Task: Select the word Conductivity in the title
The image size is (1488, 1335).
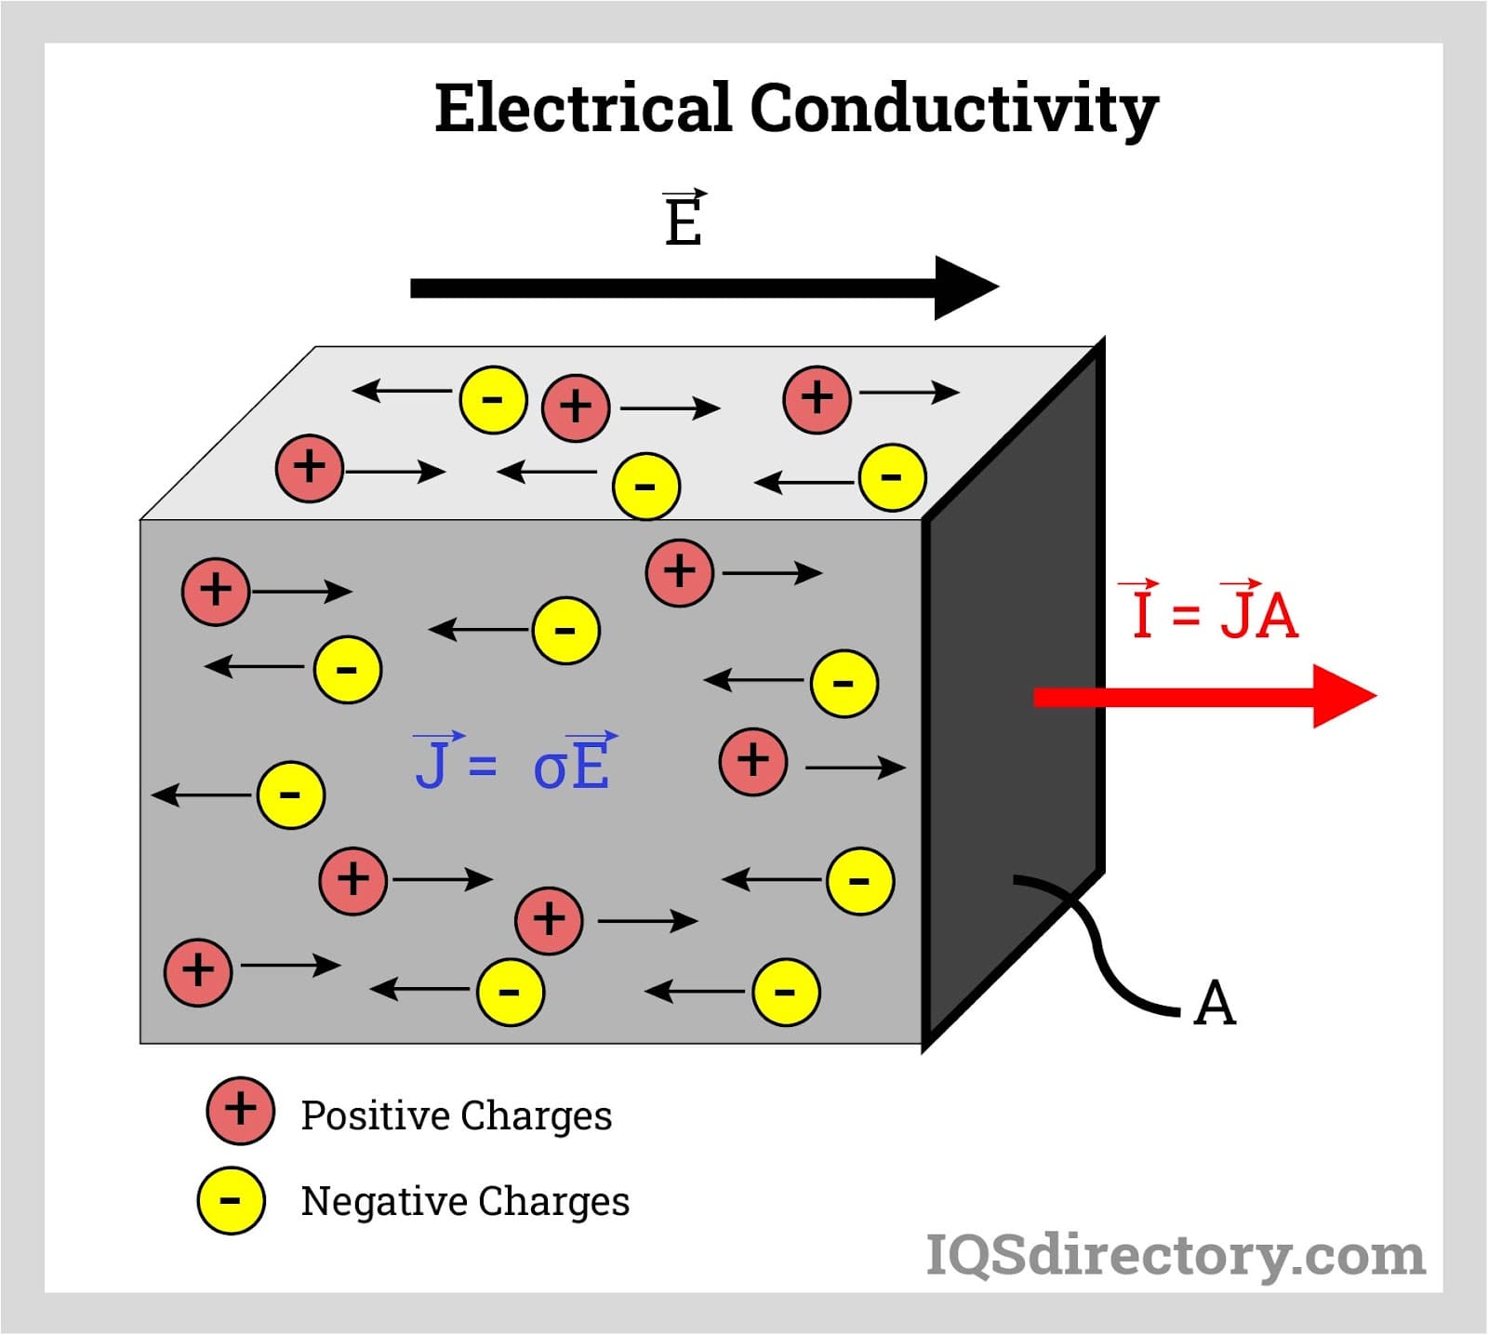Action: (953, 110)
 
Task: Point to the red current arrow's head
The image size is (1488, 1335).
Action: (1343, 696)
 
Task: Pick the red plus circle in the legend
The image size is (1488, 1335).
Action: (240, 1111)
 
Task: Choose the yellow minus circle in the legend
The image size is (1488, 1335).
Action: (231, 1200)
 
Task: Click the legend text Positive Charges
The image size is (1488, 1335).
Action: (456, 1115)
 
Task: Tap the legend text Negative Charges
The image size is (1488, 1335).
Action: (465, 1201)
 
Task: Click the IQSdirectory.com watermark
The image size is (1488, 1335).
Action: (1176, 1256)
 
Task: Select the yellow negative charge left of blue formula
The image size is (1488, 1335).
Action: (290, 794)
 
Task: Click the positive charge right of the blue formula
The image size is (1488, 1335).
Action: (753, 761)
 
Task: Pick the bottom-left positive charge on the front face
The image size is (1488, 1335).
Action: (197, 972)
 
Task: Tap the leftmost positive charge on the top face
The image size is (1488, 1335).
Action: (310, 467)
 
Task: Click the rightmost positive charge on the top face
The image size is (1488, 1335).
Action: (817, 399)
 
